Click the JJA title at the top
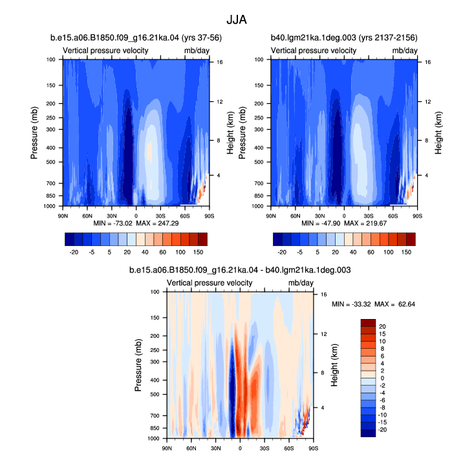point(237,20)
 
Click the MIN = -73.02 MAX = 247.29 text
point(136,223)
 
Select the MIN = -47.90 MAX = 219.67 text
point(344,223)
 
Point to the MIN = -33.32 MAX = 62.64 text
point(373,304)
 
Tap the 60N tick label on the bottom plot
point(191,448)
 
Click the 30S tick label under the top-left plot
point(160,216)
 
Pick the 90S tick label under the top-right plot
point(418,216)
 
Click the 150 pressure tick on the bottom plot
point(155,318)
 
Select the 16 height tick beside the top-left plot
point(220,62)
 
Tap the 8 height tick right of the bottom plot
point(323,373)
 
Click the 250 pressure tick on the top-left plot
point(51,118)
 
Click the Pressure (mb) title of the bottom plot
point(138,366)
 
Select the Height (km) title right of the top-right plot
point(438,133)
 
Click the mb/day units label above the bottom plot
point(301,283)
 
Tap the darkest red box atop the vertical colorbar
point(368,323)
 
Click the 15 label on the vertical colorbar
point(382,334)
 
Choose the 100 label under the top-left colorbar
point(180,252)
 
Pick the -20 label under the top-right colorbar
point(282,252)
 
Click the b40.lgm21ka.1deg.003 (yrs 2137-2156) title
point(344,37)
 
